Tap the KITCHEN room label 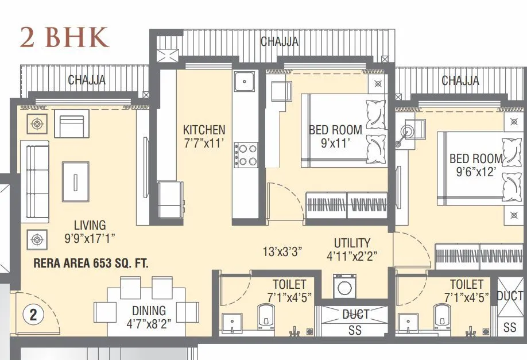(204, 130)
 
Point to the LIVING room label (90, 225)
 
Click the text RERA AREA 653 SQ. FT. (91, 264)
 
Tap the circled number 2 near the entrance (33, 314)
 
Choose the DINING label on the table (149, 311)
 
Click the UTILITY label (352, 243)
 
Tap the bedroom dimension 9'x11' (335, 143)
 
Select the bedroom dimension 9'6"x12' (476, 172)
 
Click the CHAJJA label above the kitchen (279, 42)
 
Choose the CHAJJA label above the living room (87, 80)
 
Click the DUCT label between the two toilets (356, 315)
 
